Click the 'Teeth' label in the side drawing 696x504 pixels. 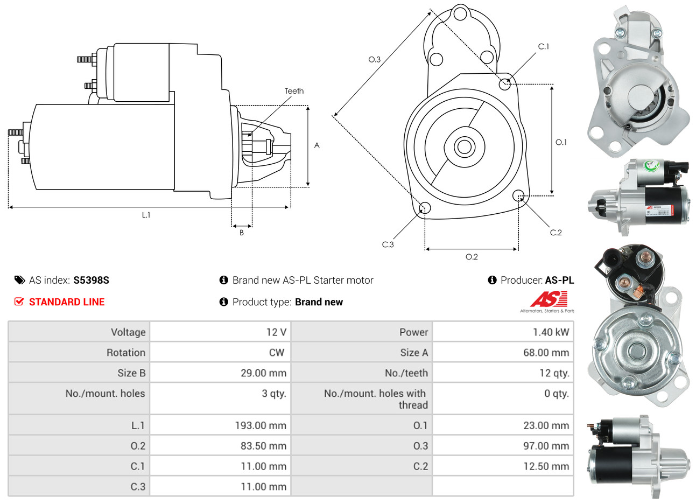point(294,91)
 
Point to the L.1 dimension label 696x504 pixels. point(146,215)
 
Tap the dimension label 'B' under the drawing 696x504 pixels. point(242,233)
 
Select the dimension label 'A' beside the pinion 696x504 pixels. point(317,145)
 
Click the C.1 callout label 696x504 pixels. point(544,47)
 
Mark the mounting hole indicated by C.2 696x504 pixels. point(519,195)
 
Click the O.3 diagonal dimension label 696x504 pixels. point(374,59)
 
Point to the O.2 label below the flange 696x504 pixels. point(472,257)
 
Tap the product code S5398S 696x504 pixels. point(91,280)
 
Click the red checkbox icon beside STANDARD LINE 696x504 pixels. point(19,302)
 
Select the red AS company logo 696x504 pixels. point(549,299)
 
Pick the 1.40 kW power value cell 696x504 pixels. point(551,332)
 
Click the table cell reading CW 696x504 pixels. point(276,353)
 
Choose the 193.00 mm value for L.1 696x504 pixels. point(261,425)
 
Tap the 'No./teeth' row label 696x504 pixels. point(406,373)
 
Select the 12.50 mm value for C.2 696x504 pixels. point(546,466)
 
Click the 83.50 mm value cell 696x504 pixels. point(263,446)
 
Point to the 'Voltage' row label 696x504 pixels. point(128,332)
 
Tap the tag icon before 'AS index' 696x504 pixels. point(19,280)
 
